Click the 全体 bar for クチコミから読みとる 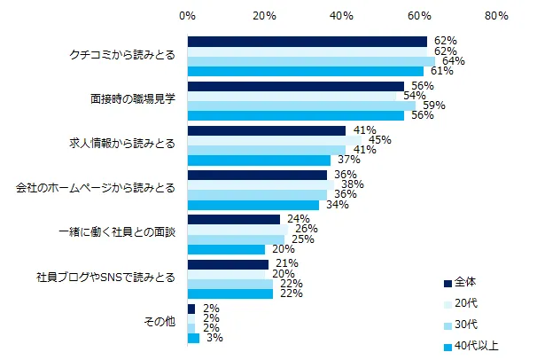coord(307,41)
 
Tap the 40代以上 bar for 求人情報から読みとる coord(259,160)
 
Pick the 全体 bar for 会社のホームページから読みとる coord(257,175)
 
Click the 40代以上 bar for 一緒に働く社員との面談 coord(226,249)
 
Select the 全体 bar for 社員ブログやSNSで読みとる coord(228,264)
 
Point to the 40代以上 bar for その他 coord(193,338)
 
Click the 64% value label coord(451,60)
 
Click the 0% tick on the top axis coord(188,16)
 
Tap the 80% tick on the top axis coord(496,16)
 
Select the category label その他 coord(159,322)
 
